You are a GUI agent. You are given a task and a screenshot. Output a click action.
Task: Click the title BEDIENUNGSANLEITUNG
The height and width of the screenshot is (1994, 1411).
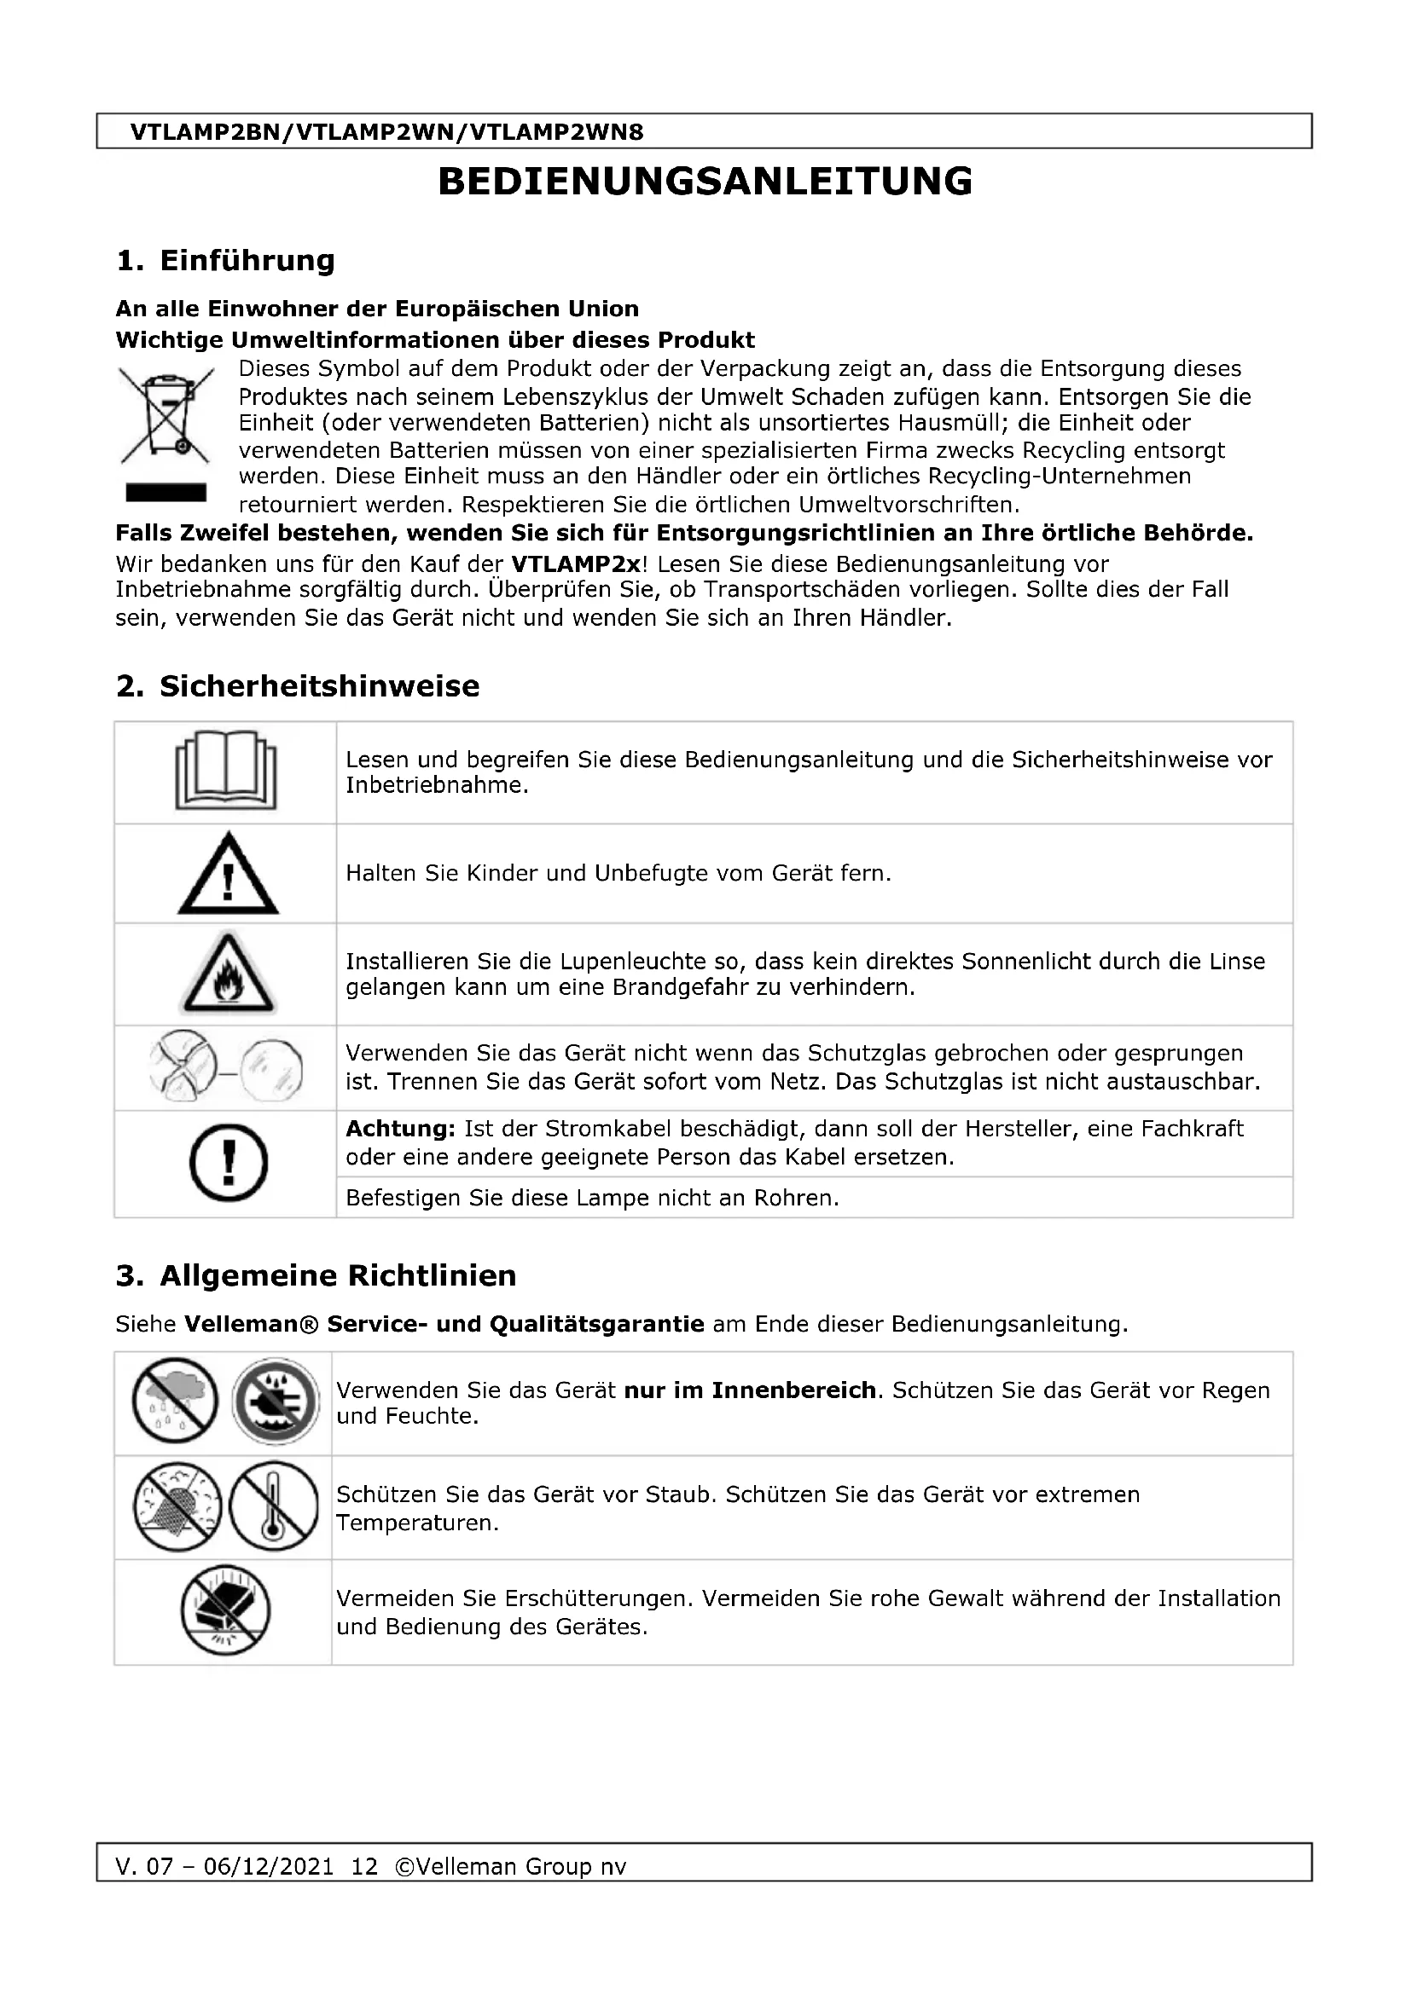pos(705,182)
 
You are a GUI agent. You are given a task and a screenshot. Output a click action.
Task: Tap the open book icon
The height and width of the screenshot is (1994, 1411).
pos(226,772)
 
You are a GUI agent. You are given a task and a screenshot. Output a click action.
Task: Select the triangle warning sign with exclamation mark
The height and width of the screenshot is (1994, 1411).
pos(228,875)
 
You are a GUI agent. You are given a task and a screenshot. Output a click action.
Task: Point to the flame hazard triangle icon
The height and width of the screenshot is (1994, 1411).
pos(228,974)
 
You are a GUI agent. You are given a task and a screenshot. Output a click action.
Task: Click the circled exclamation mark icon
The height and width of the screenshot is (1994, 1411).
pos(228,1163)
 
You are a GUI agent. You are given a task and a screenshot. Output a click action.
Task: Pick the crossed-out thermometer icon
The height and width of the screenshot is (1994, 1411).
pos(275,1506)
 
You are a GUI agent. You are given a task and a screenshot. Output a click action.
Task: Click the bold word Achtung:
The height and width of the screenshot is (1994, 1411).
pos(399,1129)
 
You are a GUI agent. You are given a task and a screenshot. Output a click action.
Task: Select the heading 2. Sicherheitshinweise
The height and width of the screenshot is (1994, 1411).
pos(297,686)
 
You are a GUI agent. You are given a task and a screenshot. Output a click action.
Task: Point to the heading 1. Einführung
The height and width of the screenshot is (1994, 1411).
pos(225,260)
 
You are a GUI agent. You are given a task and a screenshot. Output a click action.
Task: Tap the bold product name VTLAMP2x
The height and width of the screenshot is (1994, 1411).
pos(575,564)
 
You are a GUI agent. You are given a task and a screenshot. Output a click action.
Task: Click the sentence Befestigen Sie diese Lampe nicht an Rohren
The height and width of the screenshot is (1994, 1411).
pos(592,1199)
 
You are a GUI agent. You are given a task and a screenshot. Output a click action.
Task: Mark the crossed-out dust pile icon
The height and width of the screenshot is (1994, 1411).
pos(177,1506)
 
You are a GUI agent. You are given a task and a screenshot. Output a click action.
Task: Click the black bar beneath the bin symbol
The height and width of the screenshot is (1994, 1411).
pos(166,493)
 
